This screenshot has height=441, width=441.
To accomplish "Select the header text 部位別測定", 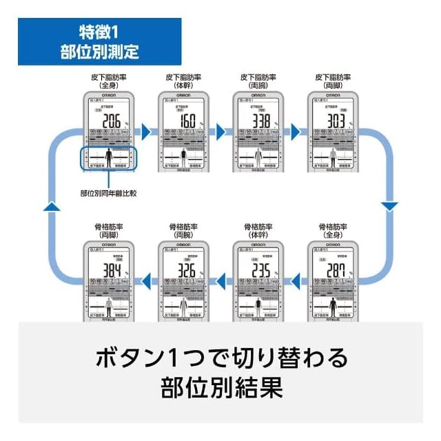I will point(100,52).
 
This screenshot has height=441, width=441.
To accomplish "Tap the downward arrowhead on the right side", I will point(389,205).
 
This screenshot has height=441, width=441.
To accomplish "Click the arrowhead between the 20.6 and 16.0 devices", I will point(145,130).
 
